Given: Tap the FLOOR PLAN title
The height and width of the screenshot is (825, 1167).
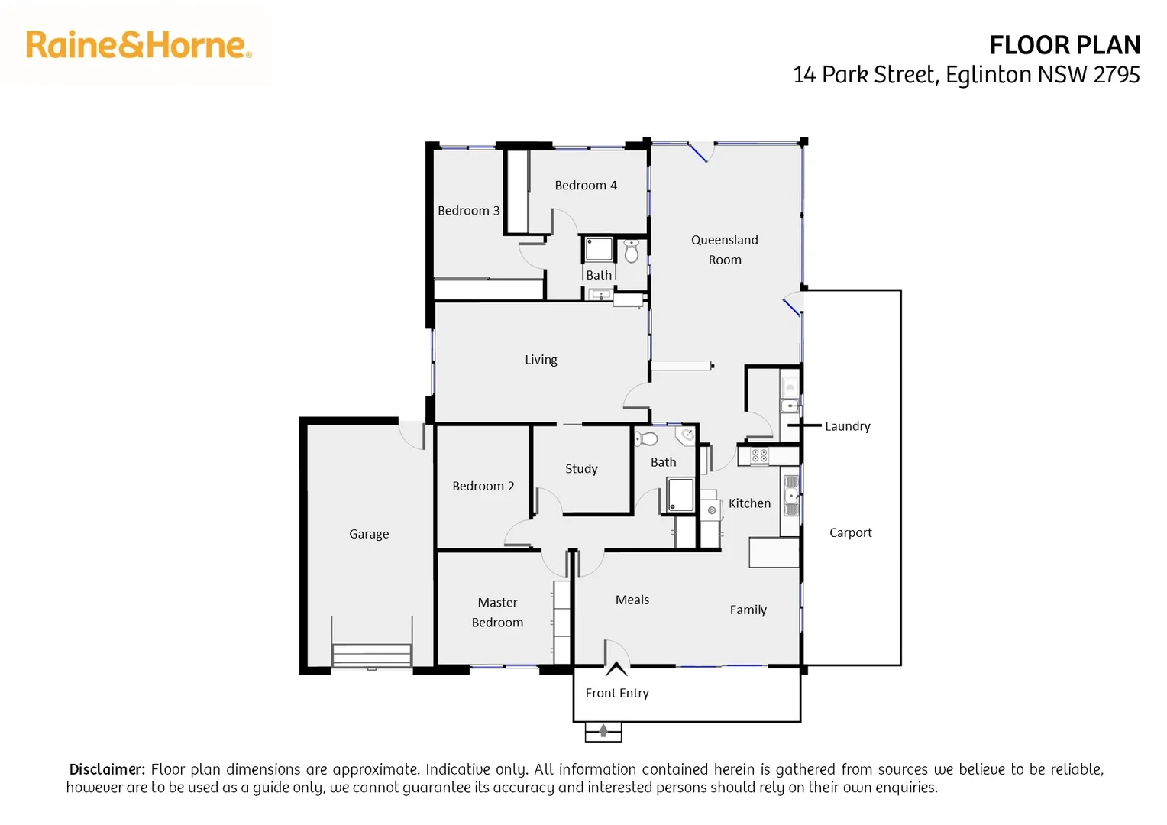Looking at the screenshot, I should [x=1065, y=46].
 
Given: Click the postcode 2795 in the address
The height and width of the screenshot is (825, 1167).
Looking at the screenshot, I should [x=1117, y=75].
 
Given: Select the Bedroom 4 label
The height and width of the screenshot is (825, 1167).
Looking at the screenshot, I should [x=586, y=186].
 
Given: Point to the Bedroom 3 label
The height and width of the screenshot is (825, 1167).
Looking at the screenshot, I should [x=468, y=211].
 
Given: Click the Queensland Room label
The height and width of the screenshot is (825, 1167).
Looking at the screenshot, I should [x=725, y=250].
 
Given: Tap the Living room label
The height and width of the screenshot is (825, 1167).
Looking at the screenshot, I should [x=541, y=360].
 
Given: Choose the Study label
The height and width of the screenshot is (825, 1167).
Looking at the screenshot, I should [x=581, y=469].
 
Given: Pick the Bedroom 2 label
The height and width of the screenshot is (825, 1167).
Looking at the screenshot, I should [x=483, y=486].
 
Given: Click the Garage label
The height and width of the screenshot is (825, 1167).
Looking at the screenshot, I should [x=369, y=534].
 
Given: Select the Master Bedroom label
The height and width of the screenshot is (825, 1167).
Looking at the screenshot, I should [x=497, y=613].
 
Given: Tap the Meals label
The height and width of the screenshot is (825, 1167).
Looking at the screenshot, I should [x=632, y=600].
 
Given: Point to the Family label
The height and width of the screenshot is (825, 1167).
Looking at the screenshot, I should [x=748, y=610].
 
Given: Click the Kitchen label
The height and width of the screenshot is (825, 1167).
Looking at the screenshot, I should [x=749, y=503].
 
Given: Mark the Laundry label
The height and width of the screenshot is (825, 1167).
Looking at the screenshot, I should [x=847, y=426].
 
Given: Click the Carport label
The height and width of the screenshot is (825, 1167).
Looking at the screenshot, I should [x=850, y=532].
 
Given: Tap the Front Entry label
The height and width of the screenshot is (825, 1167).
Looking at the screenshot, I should [x=617, y=693].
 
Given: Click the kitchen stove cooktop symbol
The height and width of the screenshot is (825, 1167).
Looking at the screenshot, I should [x=759, y=456].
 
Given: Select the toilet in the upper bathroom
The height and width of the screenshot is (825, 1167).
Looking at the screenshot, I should [x=632, y=251].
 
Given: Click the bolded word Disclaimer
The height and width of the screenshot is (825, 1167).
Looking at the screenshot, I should [x=107, y=769].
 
